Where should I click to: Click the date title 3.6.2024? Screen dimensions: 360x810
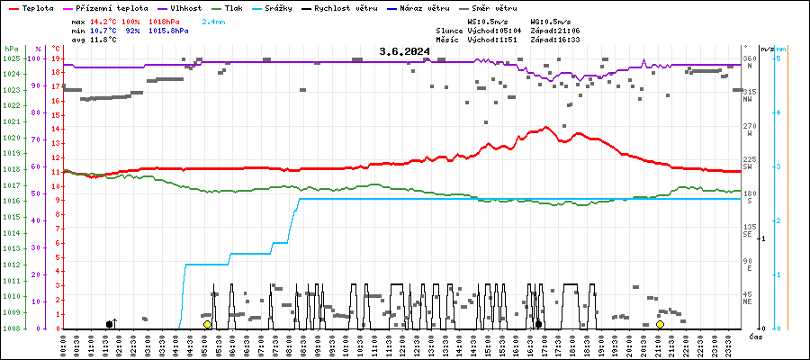click(x=404, y=51)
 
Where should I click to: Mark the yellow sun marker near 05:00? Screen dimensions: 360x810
click(x=207, y=324)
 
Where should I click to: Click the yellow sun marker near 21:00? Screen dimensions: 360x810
click(x=660, y=324)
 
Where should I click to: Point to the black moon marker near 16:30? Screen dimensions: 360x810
click(x=538, y=324)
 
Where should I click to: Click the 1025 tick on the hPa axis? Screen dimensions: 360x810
click(x=11, y=58)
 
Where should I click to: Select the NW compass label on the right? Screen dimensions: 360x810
click(x=747, y=99)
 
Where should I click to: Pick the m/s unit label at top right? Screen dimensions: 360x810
click(x=765, y=48)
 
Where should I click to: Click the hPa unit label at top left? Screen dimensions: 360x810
click(x=11, y=48)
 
